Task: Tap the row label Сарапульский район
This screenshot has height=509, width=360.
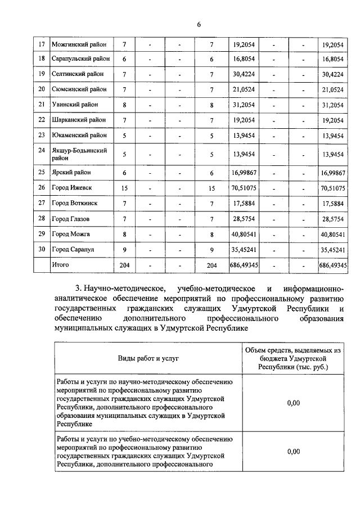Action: pyautogui.click(x=80, y=58)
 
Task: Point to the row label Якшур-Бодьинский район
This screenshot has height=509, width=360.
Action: pyautogui.click(x=78, y=155)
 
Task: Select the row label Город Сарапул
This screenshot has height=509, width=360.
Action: pyautogui.click(x=72, y=249)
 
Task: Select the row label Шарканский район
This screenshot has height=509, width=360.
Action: pyautogui.click(x=78, y=119)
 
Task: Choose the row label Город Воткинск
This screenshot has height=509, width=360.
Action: pyautogui.click(x=74, y=203)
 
